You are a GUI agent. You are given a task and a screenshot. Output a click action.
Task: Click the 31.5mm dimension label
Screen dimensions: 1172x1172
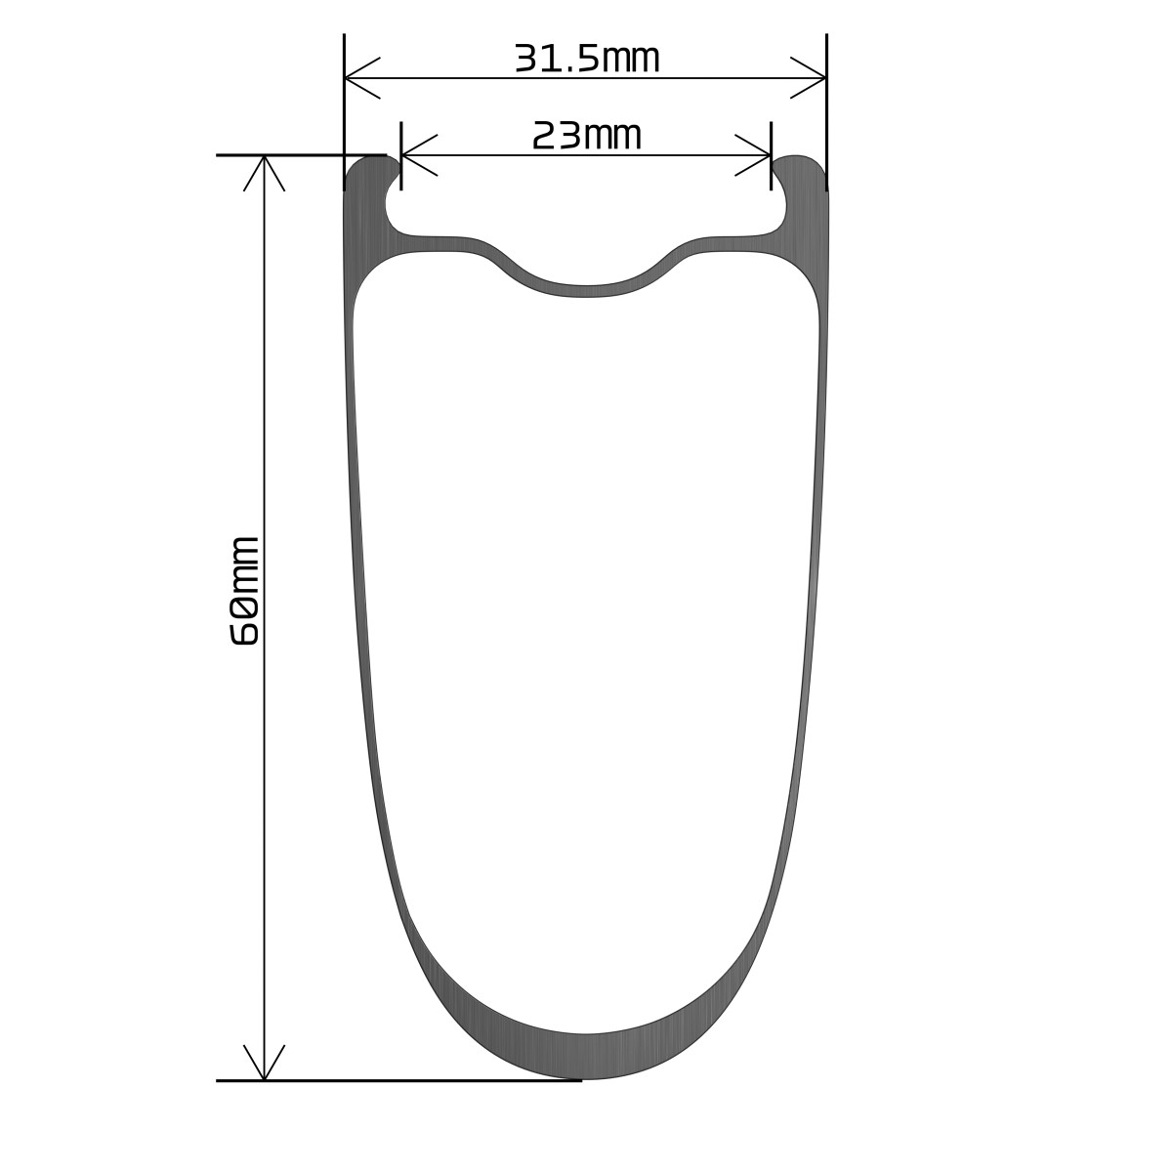587,59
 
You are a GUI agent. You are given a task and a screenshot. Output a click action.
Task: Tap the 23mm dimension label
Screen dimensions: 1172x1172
587,136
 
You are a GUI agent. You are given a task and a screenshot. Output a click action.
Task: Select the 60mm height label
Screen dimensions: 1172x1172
245,591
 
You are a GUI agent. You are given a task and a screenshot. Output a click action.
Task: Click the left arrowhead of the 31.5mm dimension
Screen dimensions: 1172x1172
362,78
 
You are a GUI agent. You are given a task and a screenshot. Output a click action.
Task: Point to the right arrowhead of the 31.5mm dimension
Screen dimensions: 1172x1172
808,78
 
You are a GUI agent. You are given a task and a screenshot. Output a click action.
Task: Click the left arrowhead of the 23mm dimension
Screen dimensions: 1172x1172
420,155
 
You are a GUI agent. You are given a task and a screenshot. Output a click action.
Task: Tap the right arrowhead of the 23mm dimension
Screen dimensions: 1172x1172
752,155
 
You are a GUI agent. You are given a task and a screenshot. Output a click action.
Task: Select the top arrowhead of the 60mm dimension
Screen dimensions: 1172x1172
264,173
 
